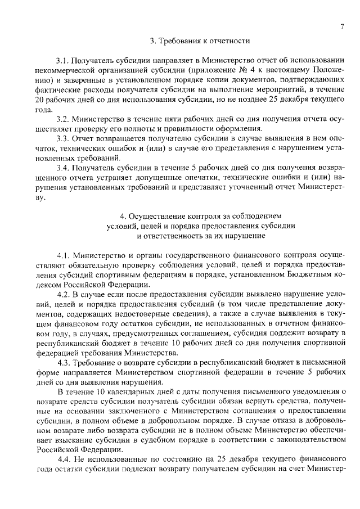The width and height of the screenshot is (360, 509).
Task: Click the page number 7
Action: [341, 26]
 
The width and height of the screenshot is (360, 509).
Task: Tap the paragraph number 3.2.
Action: [64, 119]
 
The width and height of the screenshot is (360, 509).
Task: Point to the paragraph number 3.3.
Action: [64, 138]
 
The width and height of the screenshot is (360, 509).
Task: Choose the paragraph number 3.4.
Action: [64, 168]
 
